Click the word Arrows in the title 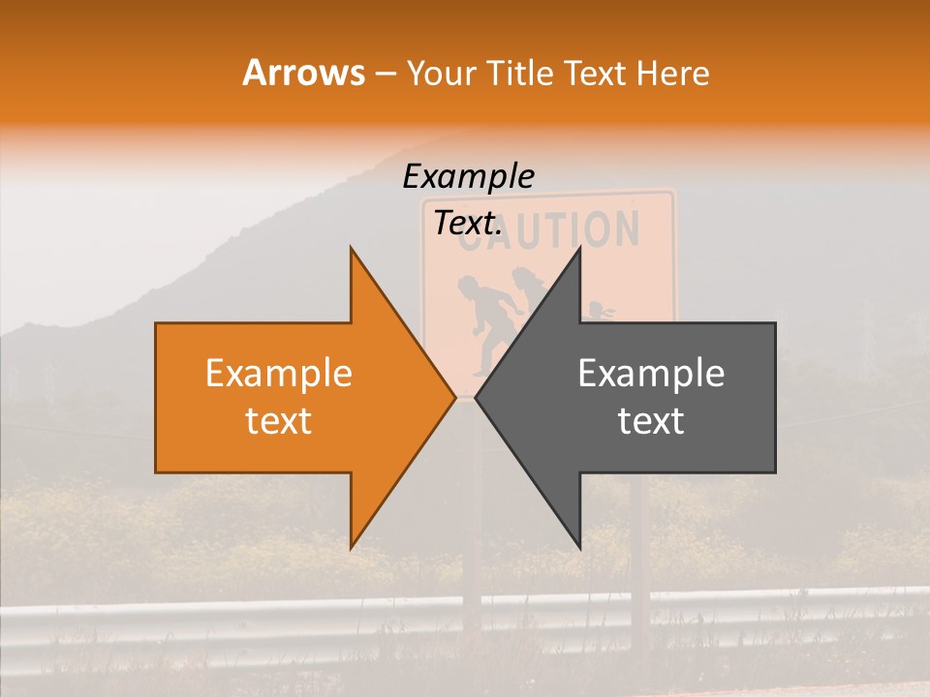tap(303, 73)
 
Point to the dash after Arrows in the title tap(386, 75)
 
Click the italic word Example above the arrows tap(468, 177)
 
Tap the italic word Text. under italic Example tap(468, 223)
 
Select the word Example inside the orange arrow tap(278, 374)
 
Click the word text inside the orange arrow tap(278, 421)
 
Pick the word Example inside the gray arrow tap(651, 374)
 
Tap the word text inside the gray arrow tap(651, 421)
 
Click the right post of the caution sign tap(639, 561)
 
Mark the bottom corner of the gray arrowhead tap(579, 548)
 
